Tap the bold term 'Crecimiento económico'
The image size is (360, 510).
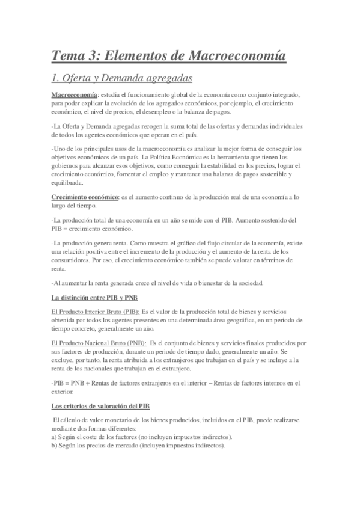pos(85,197)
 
